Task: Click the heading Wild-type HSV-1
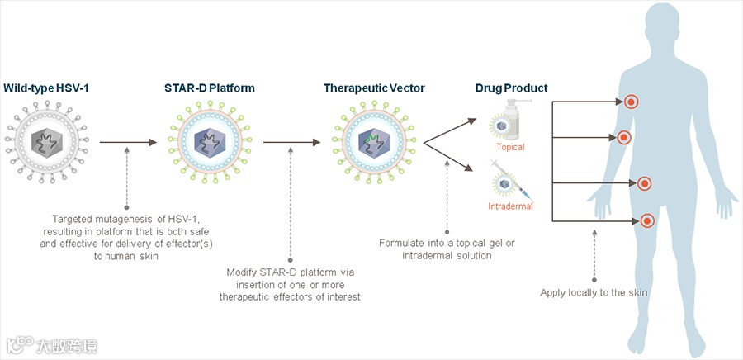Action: click(x=46, y=87)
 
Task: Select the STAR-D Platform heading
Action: click(x=210, y=87)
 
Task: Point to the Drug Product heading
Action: click(x=511, y=88)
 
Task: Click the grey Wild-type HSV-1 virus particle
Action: click(x=46, y=142)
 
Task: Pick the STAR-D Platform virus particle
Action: click(x=210, y=143)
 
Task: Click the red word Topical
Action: click(x=510, y=147)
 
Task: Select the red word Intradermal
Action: click(x=510, y=206)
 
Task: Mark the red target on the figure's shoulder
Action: click(x=631, y=102)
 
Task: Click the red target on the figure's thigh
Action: click(x=647, y=220)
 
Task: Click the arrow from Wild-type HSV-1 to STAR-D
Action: click(x=127, y=143)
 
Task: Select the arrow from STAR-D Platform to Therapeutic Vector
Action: click(x=291, y=143)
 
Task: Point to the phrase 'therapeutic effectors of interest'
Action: click(x=291, y=296)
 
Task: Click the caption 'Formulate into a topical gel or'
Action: click(x=447, y=243)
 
